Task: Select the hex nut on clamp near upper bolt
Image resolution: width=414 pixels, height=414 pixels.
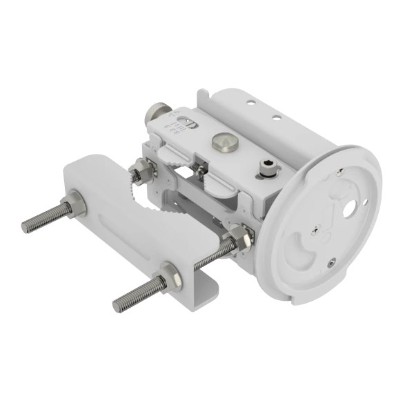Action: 75,205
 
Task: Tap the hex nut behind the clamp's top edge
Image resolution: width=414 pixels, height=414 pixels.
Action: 141,168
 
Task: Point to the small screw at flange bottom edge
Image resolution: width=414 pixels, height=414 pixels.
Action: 333,261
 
